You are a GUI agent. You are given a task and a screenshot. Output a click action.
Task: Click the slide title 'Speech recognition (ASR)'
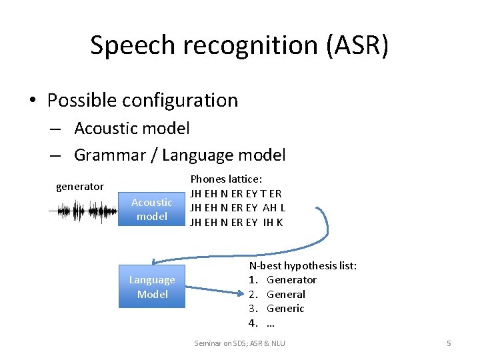(239, 45)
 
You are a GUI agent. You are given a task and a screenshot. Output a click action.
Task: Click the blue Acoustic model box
(151, 209)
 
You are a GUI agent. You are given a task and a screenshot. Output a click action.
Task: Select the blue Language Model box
(152, 287)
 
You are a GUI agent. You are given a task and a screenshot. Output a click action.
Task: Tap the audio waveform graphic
(83, 212)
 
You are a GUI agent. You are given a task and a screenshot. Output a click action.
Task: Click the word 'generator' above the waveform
(79, 187)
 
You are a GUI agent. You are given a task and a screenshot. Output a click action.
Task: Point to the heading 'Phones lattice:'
(226, 179)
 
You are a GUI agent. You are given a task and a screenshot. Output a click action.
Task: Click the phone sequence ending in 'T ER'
(236, 194)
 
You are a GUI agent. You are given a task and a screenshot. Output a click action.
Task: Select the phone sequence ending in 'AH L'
(237, 208)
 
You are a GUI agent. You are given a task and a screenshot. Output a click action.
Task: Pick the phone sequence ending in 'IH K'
(236, 222)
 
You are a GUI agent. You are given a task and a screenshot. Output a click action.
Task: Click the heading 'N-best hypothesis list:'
(303, 265)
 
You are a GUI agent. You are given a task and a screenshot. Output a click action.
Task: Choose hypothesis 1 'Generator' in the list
(291, 279)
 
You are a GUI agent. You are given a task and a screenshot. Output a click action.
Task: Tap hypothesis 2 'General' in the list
(285, 294)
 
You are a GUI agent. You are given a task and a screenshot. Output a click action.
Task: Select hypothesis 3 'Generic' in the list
(285, 308)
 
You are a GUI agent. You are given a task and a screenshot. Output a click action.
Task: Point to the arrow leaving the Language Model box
(212, 290)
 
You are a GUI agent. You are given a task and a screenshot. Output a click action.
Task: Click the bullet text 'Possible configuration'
(142, 100)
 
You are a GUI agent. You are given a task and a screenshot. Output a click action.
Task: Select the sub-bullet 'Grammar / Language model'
(179, 155)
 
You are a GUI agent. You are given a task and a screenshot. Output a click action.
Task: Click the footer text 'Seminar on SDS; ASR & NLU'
(239, 343)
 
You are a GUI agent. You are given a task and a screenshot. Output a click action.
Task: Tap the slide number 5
(449, 343)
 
